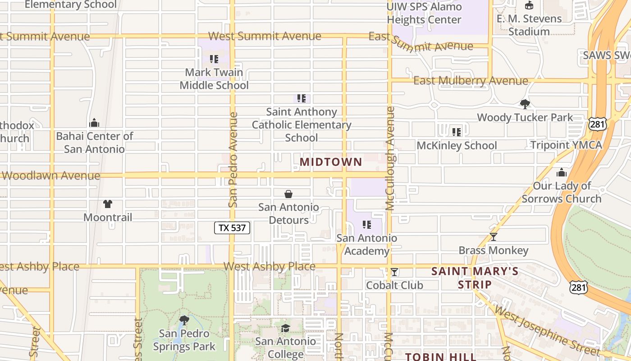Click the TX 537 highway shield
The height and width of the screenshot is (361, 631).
pos(232,228)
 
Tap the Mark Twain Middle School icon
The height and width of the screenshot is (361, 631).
pos(214,59)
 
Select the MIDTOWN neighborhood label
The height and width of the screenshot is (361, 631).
pos(331,162)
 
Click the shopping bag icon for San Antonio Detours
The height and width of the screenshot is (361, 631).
pos(288,194)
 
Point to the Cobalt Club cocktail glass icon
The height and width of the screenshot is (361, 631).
pos(394,272)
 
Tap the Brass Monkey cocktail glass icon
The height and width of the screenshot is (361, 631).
pos(494,237)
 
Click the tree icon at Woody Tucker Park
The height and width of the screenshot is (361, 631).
pos(525,104)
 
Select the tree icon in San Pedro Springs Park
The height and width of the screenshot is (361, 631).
pos(184,320)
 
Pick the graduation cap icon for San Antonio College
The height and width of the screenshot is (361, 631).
pos(285,328)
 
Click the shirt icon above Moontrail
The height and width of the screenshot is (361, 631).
pos(108,204)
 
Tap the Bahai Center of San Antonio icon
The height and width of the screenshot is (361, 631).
pos(94,123)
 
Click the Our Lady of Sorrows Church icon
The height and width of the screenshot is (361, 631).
pos(561,172)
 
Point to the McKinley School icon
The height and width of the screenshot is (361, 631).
pos(457,132)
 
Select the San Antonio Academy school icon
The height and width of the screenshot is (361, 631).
pos(367,225)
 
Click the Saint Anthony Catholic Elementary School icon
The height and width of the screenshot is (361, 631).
pos(302,98)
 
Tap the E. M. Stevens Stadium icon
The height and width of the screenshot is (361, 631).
pos(529,5)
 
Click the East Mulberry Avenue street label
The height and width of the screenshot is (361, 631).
pos(471,81)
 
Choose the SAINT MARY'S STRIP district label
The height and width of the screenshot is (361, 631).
pos(475,278)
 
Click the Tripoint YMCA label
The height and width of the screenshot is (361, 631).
pos(566,145)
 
